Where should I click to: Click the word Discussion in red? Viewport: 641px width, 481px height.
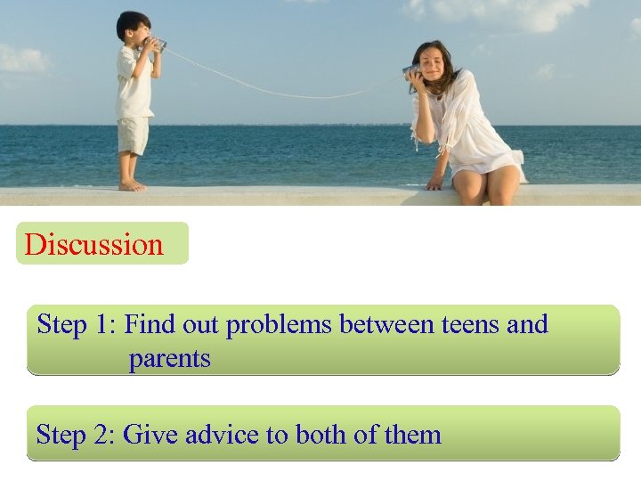tap(94, 245)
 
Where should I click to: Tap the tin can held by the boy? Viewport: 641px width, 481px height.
tap(157, 43)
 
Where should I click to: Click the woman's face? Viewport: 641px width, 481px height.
tap(427, 65)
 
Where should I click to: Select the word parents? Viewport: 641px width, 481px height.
tap(169, 359)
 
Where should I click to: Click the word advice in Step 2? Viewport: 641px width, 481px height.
tap(220, 435)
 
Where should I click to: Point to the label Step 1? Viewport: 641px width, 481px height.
tap(77, 325)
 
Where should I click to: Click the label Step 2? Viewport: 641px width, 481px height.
tap(76, 435)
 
